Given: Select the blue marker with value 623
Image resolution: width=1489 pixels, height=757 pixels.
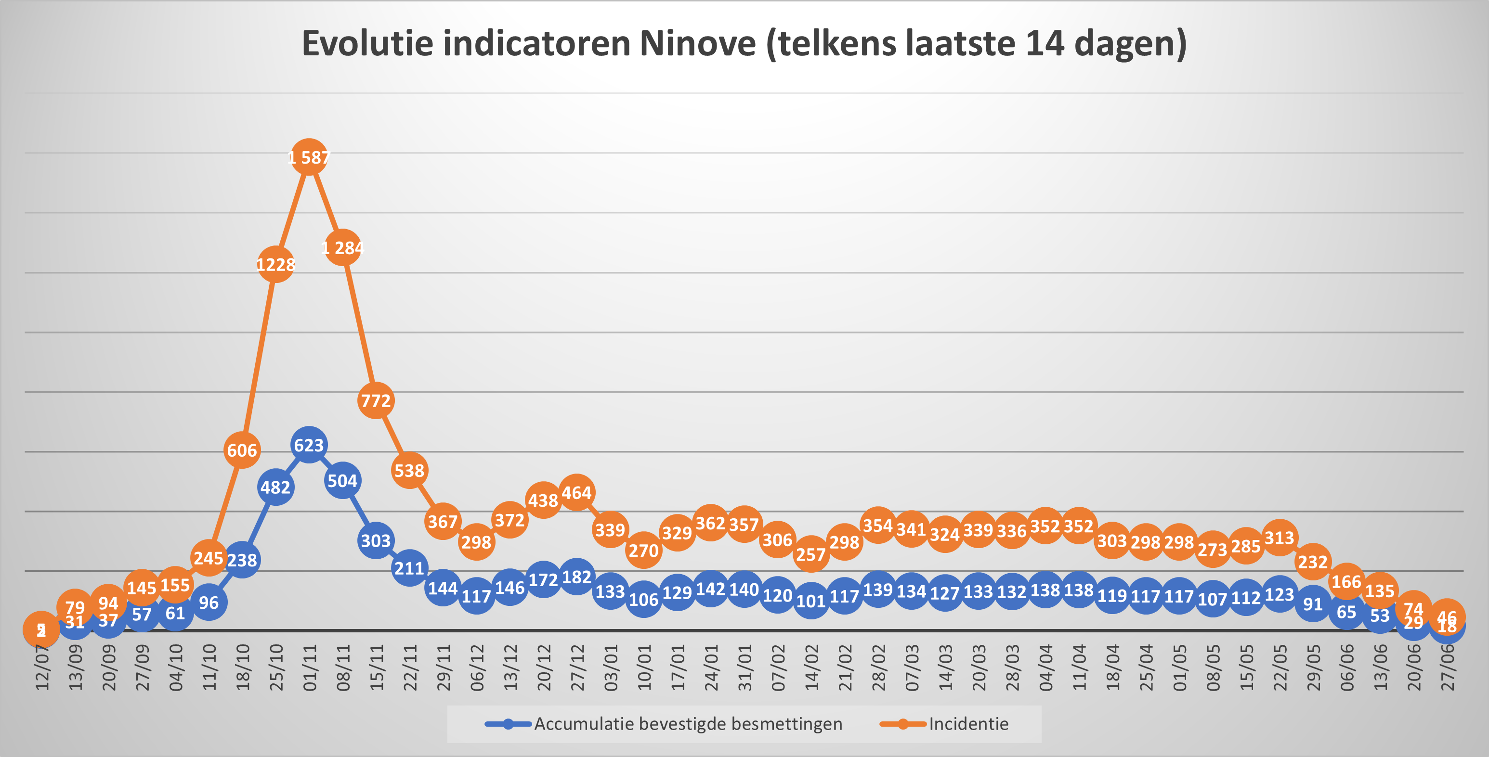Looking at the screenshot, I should point(309,445).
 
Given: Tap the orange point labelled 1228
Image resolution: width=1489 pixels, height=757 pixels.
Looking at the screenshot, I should point(276,265).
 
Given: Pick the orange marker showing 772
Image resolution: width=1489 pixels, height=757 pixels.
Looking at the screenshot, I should point(376,400).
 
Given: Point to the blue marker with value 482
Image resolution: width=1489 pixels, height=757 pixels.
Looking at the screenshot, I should point(276,487).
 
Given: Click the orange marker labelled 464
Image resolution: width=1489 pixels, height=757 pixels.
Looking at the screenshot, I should point(576,493).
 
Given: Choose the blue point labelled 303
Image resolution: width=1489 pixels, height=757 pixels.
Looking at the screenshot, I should point(376,540).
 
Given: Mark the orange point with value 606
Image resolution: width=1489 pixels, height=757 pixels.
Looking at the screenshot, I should point(242,450).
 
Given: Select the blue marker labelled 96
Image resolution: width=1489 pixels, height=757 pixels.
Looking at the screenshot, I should point(209,603).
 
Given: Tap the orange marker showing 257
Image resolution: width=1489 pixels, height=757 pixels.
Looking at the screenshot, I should point(811,554).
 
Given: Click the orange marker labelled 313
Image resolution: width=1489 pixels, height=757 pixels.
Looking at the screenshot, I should point(1279,538).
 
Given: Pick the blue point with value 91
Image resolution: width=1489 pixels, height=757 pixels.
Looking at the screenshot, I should point(1313,604).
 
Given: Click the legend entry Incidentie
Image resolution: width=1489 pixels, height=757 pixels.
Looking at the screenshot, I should point(968,724).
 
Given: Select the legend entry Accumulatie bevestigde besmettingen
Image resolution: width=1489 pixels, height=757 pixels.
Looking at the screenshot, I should point(688,724).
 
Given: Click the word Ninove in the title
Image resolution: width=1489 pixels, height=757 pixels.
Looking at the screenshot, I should point(698,43).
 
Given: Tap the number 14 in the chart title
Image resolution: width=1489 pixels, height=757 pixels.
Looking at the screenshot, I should point(1045,43).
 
